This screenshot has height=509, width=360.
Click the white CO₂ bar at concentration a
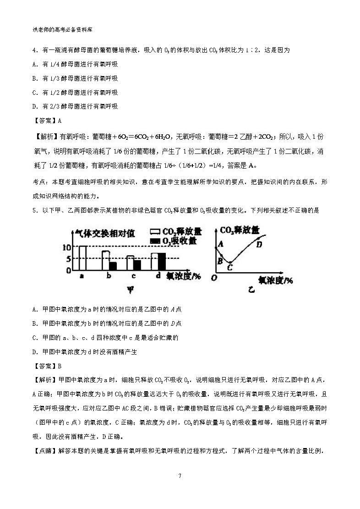[83, 258]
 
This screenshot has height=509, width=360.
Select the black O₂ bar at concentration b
[113, 266]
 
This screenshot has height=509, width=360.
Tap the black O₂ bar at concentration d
[162, 262]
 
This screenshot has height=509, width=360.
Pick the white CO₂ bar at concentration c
[130, 263]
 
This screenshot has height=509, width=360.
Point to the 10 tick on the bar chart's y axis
[66, 247]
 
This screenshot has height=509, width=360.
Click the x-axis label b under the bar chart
[109, 276]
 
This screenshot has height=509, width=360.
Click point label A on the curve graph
[220, 244]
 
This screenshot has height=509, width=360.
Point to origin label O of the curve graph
[213, 277]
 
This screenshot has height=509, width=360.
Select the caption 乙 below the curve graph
[251, 290]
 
